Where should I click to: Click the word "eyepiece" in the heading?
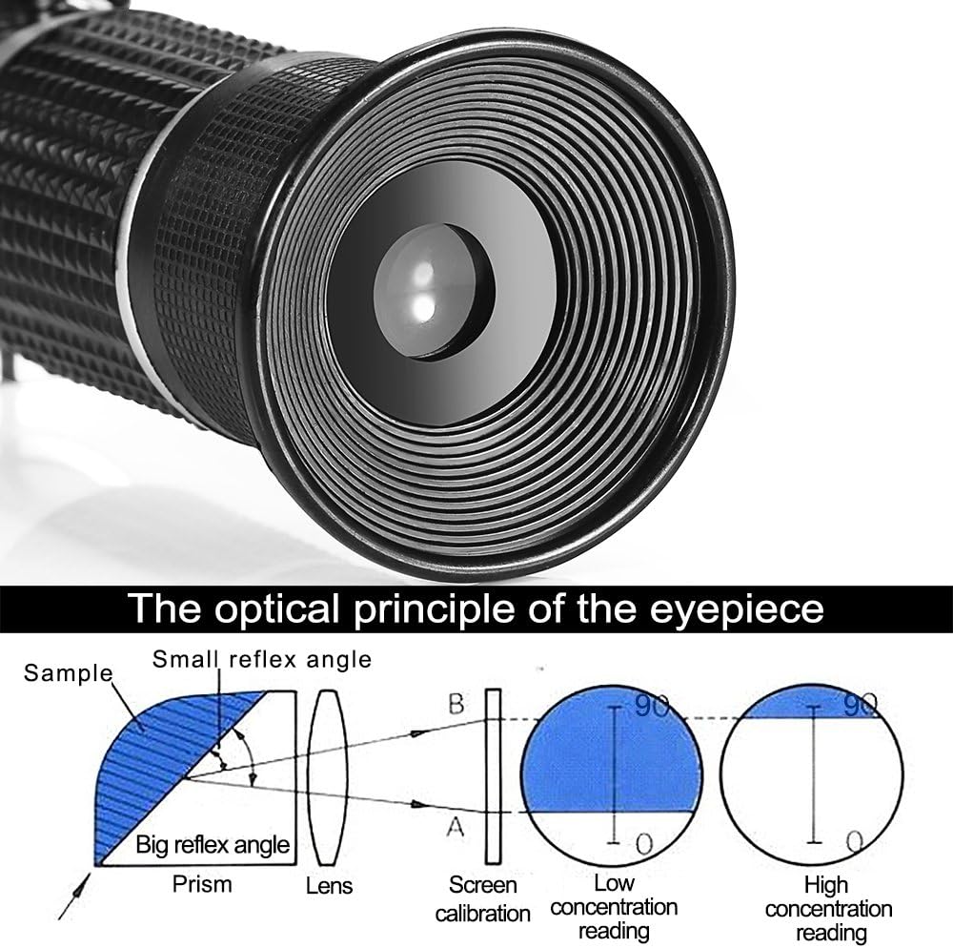pos(729,608)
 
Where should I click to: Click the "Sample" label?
pos(68,672)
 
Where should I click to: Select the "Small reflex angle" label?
pos(262,658)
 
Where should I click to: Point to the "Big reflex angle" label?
pos(213,843)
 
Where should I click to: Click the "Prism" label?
pos(201,883)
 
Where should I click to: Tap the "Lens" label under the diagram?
pos(329,885)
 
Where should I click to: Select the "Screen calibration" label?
pos(482,898)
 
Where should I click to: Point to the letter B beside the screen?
pos(456,705)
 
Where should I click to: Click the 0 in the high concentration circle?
pos(854,840)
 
